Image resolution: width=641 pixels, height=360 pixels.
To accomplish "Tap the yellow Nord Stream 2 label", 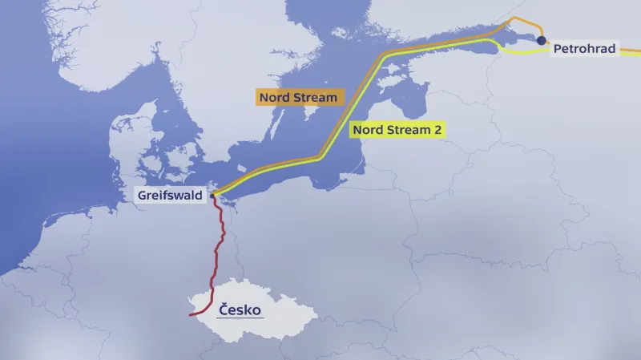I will pos(397,129).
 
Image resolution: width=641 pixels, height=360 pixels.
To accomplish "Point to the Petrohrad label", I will pos(585,50).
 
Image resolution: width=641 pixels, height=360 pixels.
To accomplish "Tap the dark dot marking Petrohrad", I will pos(542,40).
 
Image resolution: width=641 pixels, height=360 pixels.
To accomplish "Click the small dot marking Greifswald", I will pos(213,195).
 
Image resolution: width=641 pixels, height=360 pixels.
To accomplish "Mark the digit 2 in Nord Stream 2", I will pos(438,129).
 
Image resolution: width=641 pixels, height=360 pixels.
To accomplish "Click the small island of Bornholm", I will pos(265,172).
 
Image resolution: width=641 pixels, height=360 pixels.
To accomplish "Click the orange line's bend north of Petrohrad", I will pos(538,25).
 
